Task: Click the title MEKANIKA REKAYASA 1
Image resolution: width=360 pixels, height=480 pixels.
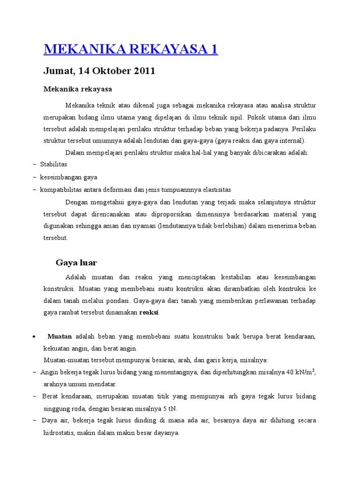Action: coord(130,49)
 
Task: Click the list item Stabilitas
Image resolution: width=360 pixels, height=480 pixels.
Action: coord(53,165)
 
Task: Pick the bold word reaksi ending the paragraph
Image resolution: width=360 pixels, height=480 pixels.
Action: coord(149,313)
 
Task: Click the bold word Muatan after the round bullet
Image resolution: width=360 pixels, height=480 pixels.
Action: coord(60,337)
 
